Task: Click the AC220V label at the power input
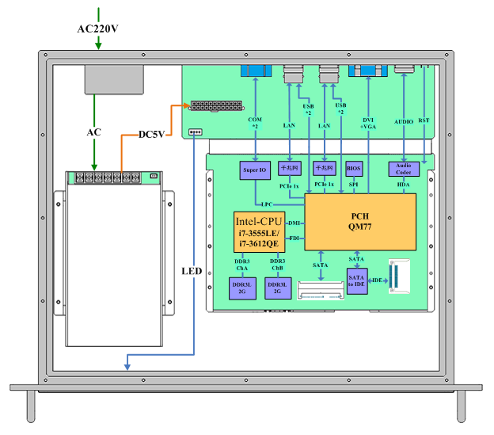(98, 29)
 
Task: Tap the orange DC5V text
(150, 134)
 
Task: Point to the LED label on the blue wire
(192, 271)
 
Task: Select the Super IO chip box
(255, 169)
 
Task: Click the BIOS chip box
(353, 169)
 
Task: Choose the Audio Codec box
(404, 169)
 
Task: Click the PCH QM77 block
(360, 221)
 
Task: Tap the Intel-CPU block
(260, 231)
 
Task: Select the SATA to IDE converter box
(357, 280)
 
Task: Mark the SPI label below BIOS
(353, 185)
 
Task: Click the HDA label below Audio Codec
(404, 185)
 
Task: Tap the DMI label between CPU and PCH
(294, 223)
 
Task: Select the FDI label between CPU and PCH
(294, 238)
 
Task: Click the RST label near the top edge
(424, 120)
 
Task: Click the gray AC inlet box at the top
(113, 79)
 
